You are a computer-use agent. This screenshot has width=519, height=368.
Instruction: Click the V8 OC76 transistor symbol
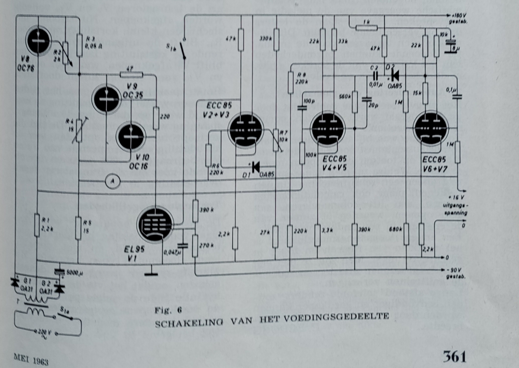click(38, 41)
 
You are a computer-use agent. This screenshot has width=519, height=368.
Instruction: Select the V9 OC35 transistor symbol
click(106, 99)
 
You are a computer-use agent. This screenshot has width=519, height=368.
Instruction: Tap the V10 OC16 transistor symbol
click(131, 136)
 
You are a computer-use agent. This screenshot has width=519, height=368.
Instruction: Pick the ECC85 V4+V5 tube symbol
click(328, 128)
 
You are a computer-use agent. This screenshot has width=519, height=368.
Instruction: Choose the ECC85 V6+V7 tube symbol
click(431, 128)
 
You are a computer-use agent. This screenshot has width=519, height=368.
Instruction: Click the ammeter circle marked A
click(113, 181)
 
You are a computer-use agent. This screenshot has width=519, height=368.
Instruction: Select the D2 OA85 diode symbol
click(394, 76)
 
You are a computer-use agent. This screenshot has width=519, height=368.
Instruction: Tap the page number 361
click(454, 356)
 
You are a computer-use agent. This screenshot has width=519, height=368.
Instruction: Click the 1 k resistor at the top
click(366, 28)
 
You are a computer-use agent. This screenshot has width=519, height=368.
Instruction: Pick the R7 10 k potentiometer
click(276, 140)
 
